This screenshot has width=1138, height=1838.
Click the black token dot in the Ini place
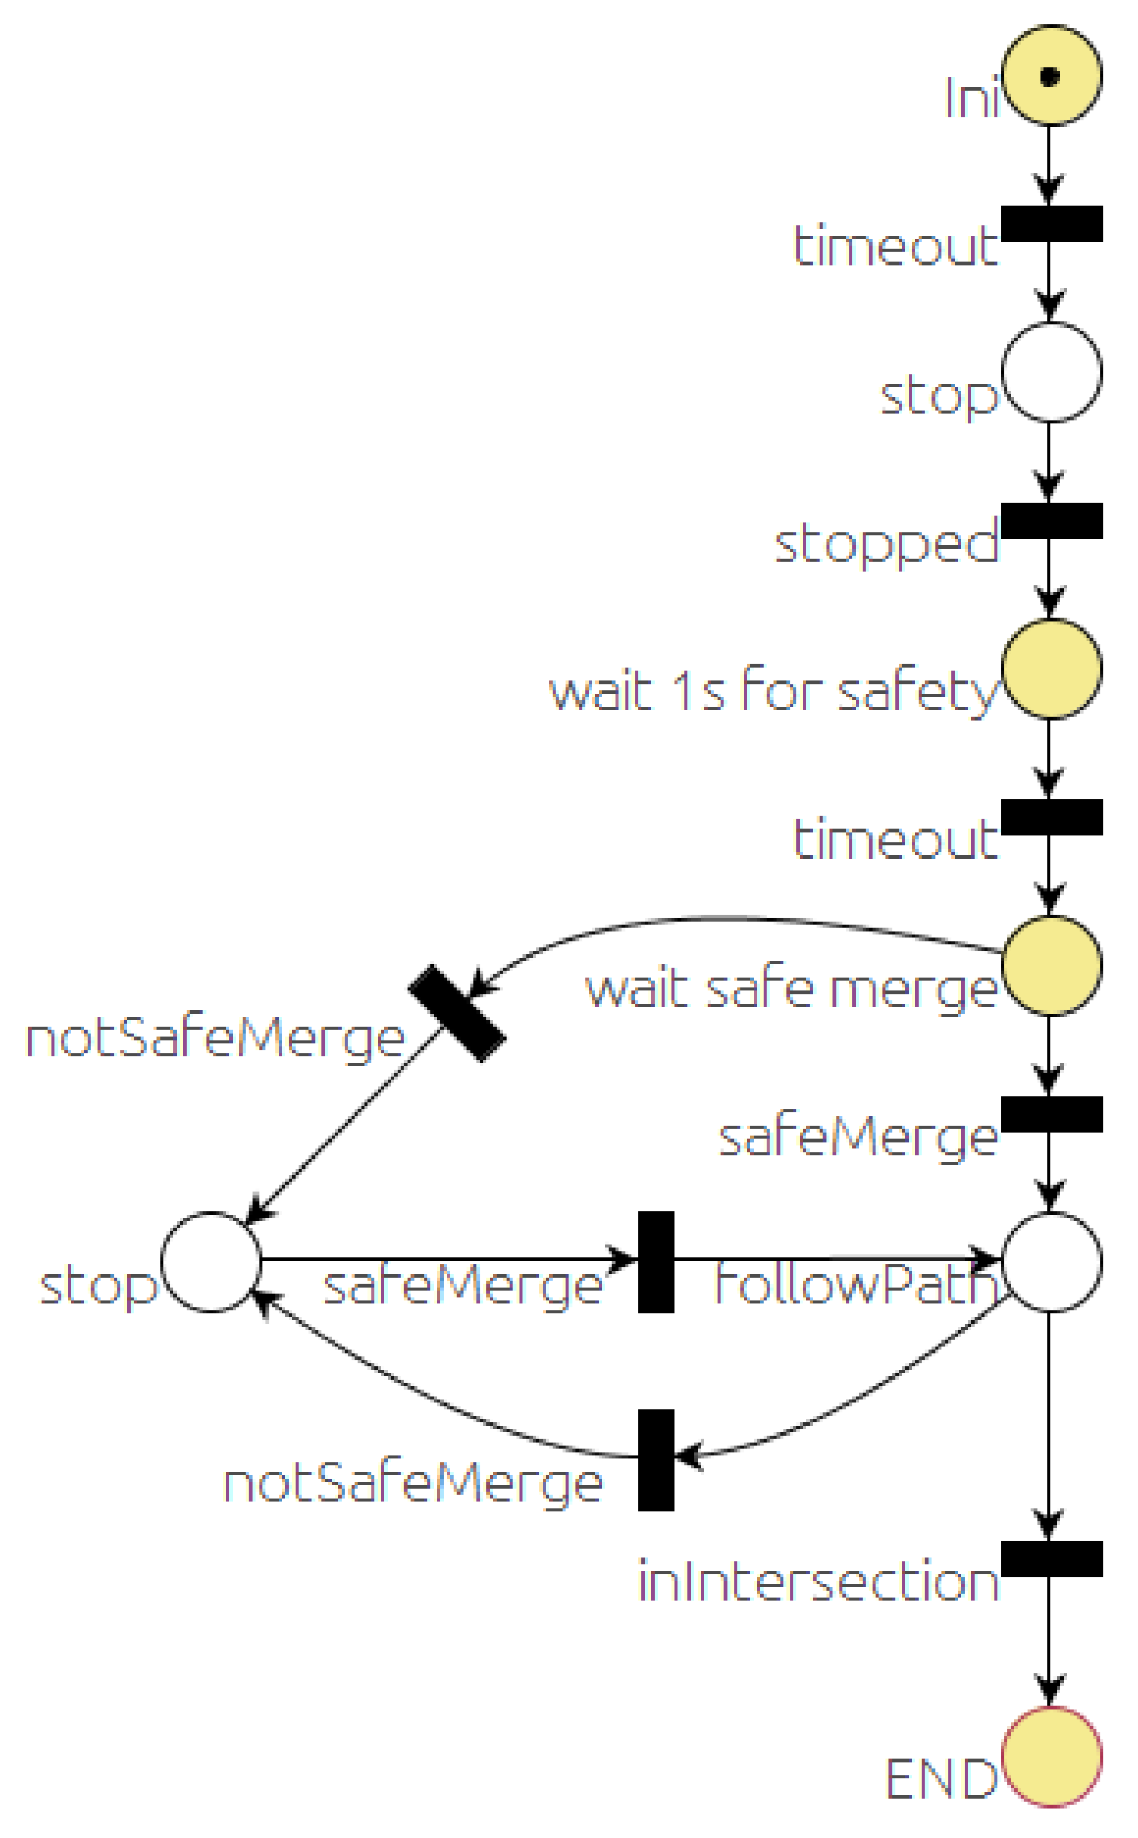click(1050, 76)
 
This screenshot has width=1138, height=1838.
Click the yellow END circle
click(1052, 1757)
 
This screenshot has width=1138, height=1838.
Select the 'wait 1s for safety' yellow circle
click(1052, 669)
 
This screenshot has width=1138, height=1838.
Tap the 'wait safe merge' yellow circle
click(1052, 965)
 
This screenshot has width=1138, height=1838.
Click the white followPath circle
click(1052, 1262)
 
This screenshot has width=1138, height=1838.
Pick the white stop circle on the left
click(211, 1262)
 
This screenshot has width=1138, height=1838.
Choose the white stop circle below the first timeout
click(1052, 372)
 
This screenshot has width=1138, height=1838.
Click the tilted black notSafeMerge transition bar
click(457, 1013)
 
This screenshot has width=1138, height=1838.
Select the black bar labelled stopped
click(1052, 521)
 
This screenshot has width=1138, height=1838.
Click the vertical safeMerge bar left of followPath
click(656, 1262)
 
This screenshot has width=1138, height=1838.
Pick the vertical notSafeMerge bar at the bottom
click(656, 1460)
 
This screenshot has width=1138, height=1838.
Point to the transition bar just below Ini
click(1052, 224)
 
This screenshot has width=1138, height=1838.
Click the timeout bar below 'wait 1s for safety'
click(1052, 817)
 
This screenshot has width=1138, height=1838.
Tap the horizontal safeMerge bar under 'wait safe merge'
click(1052, 1114)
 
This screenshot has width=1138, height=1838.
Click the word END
click(941, 1779)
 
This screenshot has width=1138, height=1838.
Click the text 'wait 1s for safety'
click(773, 690)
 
